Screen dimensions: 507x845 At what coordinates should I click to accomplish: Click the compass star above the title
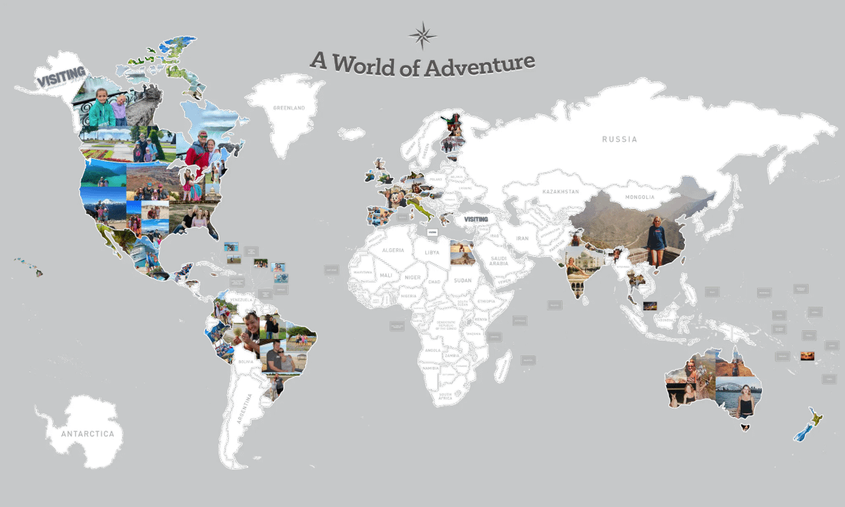pos(423,35)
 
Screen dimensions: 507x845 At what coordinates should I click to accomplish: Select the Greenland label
pos(289,108)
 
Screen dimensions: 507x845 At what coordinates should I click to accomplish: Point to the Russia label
pos(618,139)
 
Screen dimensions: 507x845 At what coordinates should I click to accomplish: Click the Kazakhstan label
pos(559,192)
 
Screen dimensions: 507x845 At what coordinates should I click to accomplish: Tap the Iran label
pos(522,238)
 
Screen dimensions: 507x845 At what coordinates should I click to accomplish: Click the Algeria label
pos(393,250)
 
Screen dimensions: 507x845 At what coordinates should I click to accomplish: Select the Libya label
pos(432,252)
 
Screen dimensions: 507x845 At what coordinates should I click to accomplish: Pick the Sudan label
pos(462,280)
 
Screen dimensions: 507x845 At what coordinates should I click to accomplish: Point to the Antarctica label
pos(87,434)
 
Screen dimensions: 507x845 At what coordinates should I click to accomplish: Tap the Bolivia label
pos(245,362)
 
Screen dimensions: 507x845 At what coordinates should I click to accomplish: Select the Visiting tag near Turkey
pos(475,219)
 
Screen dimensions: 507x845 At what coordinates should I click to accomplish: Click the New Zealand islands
pos(809,426)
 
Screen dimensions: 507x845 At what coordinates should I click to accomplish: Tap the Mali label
pos(385,275)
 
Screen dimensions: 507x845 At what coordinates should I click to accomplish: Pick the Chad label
pos(433,282)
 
